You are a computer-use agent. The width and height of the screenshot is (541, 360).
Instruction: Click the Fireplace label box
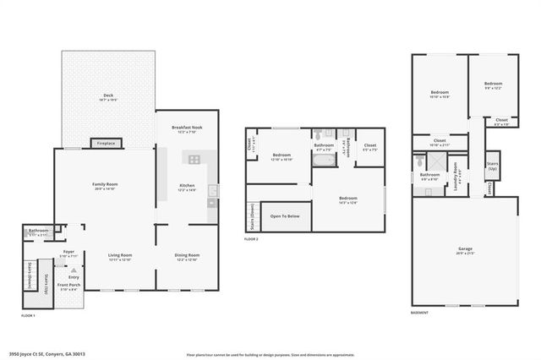[105, 144]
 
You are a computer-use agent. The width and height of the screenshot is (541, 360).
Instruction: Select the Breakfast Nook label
[186, 129]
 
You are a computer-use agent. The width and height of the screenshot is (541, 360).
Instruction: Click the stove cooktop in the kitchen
[194, 158]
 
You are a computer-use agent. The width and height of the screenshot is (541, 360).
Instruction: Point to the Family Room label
[105, 186]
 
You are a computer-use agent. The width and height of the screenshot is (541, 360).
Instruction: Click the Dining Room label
[186, 257]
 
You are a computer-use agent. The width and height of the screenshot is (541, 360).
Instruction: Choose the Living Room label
[121, 257]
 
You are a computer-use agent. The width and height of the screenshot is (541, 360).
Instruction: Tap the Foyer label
[69, 254]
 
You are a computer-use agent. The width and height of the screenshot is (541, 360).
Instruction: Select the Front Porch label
[68, 287]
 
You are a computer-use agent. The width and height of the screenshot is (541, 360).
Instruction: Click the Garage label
[465, 250]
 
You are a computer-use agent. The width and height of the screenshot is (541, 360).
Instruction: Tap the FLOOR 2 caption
[251, 239]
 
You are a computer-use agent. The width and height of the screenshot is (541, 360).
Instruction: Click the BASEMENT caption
[420, 313]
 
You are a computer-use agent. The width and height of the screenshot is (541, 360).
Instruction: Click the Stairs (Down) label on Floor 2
[251, 216]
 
